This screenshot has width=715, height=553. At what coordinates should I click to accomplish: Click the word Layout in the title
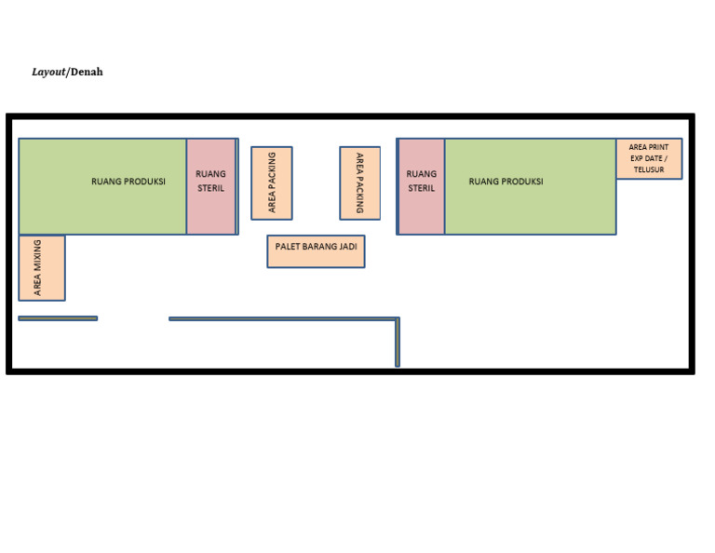(47, 73)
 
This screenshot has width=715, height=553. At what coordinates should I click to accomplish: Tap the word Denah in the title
(87, 73)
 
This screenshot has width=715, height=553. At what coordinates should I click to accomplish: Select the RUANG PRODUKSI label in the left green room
(128, 182)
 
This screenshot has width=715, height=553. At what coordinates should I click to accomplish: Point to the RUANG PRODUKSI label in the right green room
(506, 182)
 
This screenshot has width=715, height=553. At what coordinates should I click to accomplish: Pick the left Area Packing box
(272, 183)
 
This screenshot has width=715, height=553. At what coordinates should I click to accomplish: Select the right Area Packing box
(360, 183)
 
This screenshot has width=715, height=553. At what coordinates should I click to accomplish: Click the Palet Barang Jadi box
(316, 251)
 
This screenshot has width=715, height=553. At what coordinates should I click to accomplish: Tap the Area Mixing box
(42, 268)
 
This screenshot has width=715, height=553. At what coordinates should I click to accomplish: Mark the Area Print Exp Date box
(649, 158)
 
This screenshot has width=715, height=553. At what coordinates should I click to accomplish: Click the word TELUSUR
(649, 169)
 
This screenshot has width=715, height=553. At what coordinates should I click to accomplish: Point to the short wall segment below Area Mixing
(58, 318)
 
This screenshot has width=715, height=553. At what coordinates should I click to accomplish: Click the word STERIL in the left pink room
(211, 188)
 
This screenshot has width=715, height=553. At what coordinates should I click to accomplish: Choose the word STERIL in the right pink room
(421, 188)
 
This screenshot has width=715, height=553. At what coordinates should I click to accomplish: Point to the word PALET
(288, 247)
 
